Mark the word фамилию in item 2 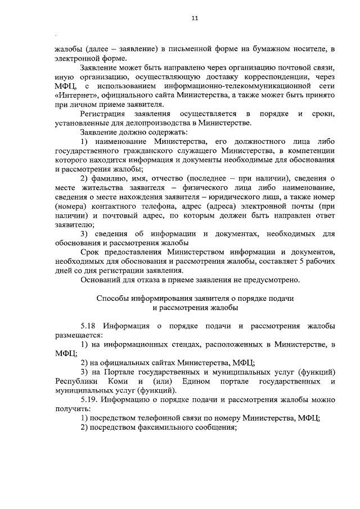[x=109, y=178]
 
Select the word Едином [x=196, y=381]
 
